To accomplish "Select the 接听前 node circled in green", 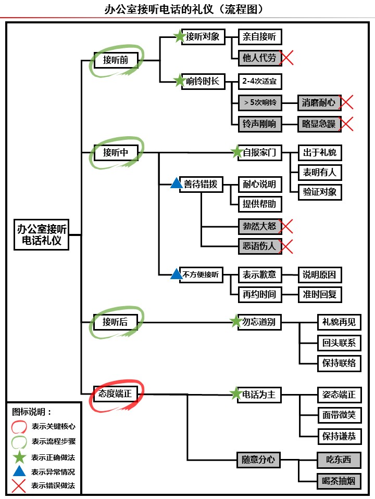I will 116,60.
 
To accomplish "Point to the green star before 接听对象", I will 180,36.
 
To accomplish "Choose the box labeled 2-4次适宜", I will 259,82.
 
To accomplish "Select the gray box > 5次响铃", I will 259,102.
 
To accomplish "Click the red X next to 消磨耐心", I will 346,102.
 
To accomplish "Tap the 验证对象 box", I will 320,192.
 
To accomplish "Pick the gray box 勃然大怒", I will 259,226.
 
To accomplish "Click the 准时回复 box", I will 320,295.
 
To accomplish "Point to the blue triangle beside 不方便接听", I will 177,273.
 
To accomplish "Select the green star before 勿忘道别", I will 236,322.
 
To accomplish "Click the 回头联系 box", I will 339,343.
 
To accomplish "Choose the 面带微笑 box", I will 339,415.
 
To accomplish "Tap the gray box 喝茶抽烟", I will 339,481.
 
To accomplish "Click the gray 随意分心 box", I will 258,459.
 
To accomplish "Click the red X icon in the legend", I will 19,486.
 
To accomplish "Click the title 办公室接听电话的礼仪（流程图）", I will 187,9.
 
